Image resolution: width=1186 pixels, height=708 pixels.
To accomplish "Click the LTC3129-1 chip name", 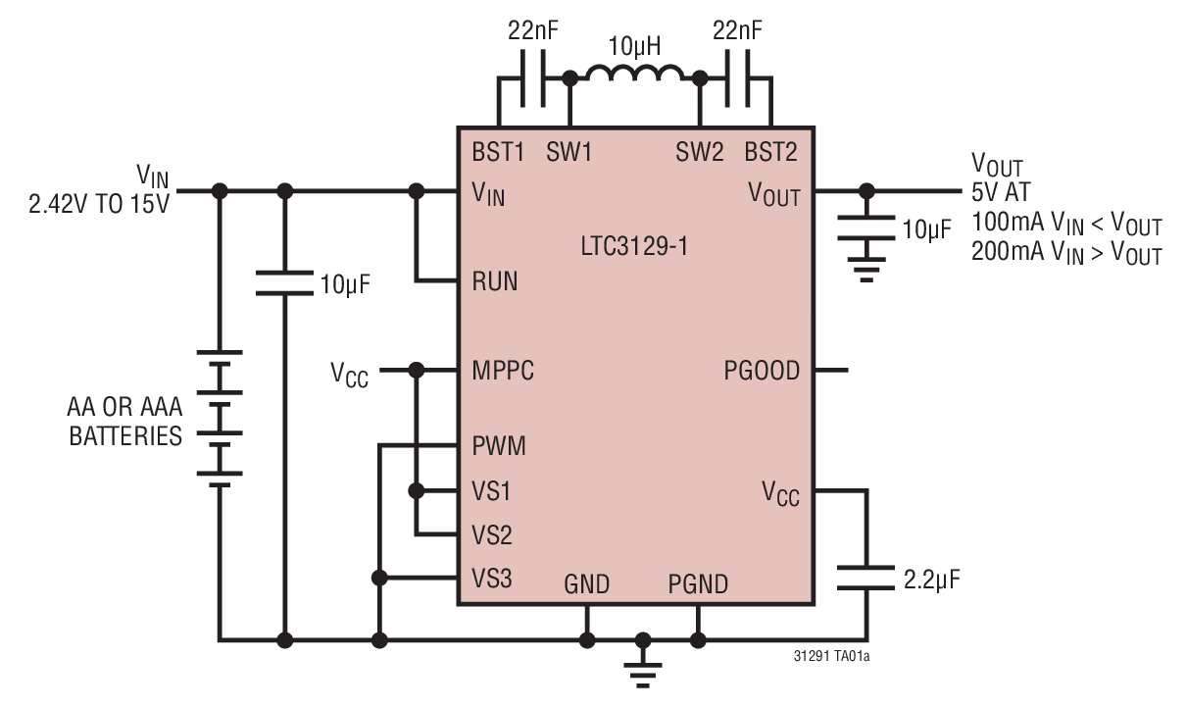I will pos(633,245).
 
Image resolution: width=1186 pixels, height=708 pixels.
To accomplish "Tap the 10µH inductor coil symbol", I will pos(634,75).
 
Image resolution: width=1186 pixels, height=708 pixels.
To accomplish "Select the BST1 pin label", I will pos(499,153).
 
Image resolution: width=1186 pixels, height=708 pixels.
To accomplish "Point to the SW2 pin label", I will pos(700,153).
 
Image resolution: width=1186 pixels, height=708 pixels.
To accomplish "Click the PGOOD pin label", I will pos(762,371).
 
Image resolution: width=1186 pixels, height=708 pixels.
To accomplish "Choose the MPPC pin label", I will pos(503,371).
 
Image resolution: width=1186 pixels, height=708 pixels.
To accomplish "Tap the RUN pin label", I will pos(495,282).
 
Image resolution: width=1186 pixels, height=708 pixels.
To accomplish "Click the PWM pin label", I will pos(498,447).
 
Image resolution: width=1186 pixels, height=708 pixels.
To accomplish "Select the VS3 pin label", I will pos(491,579).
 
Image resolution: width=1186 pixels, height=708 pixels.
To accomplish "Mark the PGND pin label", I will pos(698,585).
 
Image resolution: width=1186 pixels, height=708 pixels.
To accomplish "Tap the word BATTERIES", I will pos(124,435).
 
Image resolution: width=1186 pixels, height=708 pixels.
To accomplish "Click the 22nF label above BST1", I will pos(534,30).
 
